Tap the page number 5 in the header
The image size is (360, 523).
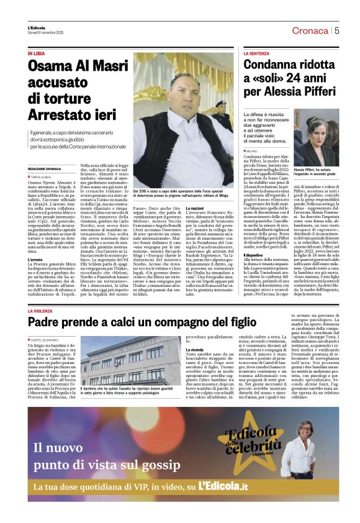click(337, 30)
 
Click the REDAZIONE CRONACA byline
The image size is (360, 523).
click(44, 169)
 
